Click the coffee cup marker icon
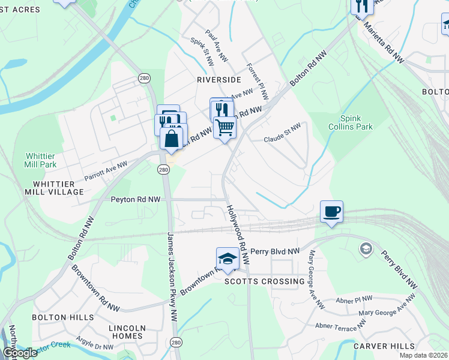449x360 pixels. (x=331, y=212)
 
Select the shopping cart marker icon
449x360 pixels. (x=224, y=127)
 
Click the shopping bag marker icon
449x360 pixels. (x=172, y=138)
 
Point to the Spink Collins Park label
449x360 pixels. (x=356, y=122)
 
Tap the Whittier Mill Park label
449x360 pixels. (x=40, y=160)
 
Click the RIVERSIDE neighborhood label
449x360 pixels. (x=218, y=79)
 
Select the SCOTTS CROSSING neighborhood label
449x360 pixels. (x=264, y=281)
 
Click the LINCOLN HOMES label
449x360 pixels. (x=127, y=332)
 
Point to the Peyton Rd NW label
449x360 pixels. (x=136, y=199)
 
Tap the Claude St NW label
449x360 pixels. (x=282, y=139)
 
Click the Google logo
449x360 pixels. (x=20, y=353)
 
